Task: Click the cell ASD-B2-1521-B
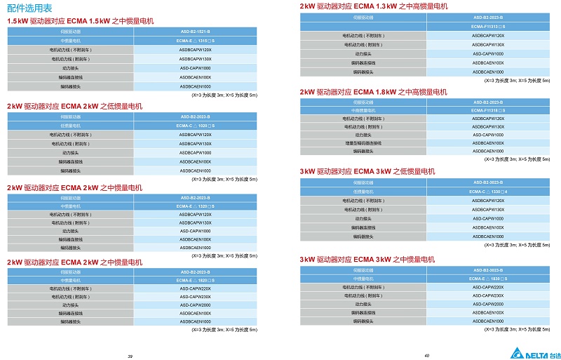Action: click(195, 32)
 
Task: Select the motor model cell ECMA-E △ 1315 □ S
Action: click(195, 41)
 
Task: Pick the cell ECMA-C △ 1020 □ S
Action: click(195, 126)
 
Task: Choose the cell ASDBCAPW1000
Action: click(195, 152)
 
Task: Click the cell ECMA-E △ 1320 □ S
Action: click(195, 206)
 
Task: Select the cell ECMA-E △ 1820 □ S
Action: click(195, 280)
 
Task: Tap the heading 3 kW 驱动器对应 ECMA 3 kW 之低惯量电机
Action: click(367, 171)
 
